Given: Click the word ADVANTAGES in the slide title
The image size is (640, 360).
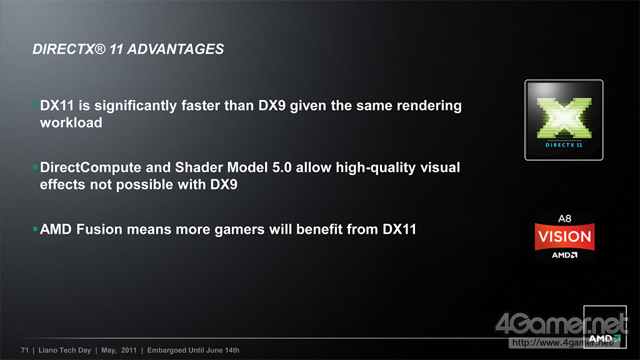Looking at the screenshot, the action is click(176, 49).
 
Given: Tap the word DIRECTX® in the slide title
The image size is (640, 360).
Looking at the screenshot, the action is click(69, 49).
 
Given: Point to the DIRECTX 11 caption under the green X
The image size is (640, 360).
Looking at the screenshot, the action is click(564, 145).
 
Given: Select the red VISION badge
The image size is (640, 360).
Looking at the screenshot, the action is click(564, 236).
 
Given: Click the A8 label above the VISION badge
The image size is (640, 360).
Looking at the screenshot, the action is click(564, 219).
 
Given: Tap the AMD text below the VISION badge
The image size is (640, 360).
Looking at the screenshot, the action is click(565, 255).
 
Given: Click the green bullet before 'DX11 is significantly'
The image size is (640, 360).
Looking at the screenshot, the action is click(35, 105).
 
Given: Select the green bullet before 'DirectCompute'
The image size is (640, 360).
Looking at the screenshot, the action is click(35, 167).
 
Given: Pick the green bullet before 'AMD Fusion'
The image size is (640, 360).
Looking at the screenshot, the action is click(35, 229).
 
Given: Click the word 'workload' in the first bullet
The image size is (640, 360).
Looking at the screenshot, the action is click(71, 122).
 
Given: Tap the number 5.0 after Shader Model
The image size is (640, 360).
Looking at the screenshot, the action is click(282, 167).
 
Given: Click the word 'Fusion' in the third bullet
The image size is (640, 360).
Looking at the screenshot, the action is click(99, 229).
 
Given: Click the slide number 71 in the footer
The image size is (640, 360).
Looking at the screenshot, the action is click(25, 350).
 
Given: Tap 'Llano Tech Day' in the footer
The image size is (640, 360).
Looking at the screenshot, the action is click(64, 350).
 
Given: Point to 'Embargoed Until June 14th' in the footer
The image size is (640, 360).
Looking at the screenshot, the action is click(193, 350).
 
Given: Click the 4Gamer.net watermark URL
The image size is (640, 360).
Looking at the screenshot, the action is click(563, 343).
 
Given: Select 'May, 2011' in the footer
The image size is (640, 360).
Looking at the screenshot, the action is click(119, 350).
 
